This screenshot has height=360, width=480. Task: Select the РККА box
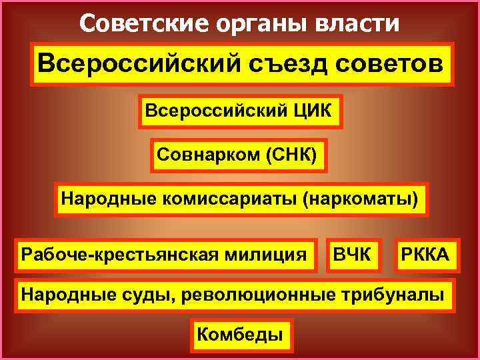(425, 254)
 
